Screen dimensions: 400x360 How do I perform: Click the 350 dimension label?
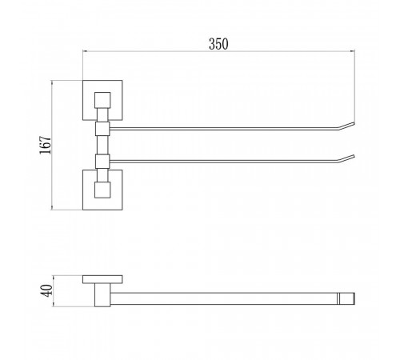point(218,44)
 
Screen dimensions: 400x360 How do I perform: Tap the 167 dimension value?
point(45,145)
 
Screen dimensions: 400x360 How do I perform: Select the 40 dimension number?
point(46,290)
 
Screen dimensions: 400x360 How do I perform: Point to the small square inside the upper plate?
point(102,100)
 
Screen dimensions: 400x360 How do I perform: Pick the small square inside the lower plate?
point(102,190)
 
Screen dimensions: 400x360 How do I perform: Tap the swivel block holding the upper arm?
point(102,129)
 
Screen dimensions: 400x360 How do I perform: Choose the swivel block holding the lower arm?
point(102,162)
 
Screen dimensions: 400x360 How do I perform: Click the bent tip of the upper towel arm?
point(346,126)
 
